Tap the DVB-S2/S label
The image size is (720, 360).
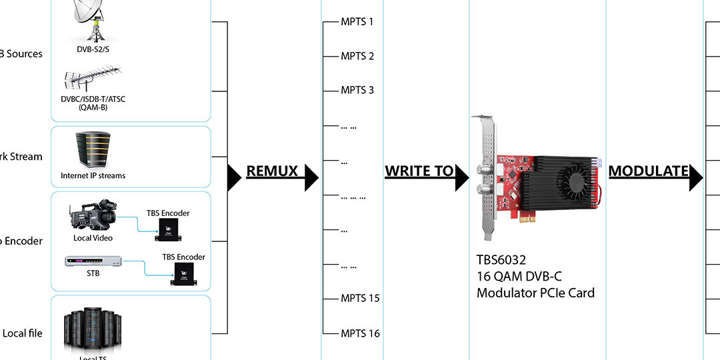click(93, 48)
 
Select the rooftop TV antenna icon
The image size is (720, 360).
click(91, 81)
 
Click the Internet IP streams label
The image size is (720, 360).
click(93, 176)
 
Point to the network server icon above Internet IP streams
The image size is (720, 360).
click(93, 150)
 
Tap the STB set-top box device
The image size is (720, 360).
click(93, 261)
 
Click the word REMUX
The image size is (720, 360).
click(272, 171)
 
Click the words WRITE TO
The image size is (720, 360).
click(419, 171)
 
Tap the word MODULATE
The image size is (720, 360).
click(648, 171)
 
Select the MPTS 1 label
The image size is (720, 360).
click(357, 22)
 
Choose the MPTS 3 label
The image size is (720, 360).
click(357, 90)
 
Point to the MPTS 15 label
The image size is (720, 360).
click(360, 298)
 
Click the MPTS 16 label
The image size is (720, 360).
click(360, 333)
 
